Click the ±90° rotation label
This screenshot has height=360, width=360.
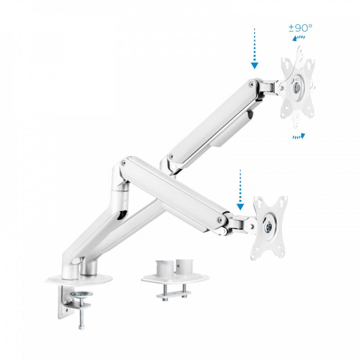click(x=301, y=28)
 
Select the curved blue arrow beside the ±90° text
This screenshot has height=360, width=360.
click(x=297, y=39)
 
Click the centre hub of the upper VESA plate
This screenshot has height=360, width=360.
click(x=297, y=88)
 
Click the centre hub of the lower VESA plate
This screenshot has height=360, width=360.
click(x=268, y=228)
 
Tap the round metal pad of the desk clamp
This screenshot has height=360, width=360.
click(x=81, y=295)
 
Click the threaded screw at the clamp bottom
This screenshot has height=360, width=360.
click(x=81, y=319)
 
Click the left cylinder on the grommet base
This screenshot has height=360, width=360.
click(x=164, y=269)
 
